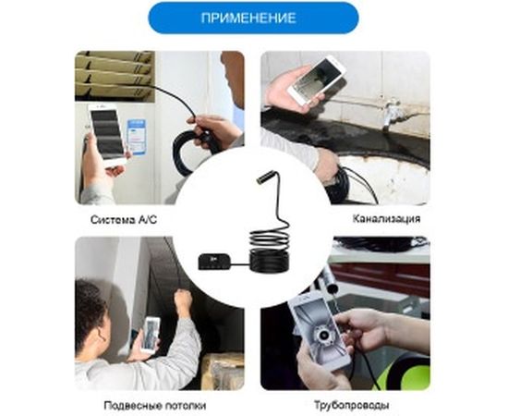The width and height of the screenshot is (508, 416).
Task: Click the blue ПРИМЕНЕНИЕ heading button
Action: click(x=253, y=18)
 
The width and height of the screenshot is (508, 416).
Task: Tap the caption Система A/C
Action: click(x=124, y=219)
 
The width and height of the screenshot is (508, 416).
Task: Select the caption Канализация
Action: click(x=386, y=218)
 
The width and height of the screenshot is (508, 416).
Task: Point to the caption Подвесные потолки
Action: click(x=155, y=405)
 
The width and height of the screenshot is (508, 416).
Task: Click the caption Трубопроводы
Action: click(x=352, y=405)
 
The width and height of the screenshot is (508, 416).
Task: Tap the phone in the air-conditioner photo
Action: click(x=107, y=135)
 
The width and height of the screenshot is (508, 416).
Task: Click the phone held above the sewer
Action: click(x=317, y=80)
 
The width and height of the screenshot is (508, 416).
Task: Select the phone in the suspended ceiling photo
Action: click(x=151, y=335)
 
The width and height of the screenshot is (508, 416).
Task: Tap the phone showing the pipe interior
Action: click(x=321, y=333)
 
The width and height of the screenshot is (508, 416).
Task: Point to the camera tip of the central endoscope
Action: click(x=261, y=177)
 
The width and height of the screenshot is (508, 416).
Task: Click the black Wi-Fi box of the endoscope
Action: click(x=214, y=262)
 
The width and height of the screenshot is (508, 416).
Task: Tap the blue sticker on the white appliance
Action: click(x=137, y=137)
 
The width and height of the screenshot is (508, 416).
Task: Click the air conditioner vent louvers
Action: click(x=114, y=76)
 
